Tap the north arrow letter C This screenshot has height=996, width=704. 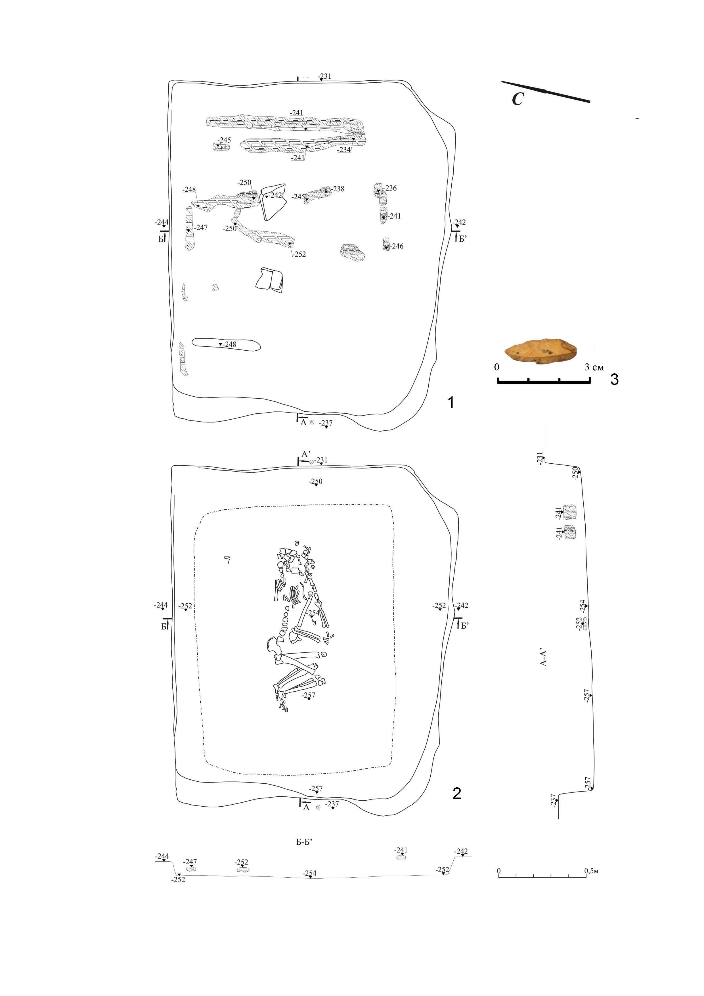click(518, 99)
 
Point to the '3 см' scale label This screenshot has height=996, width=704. click(594, 367)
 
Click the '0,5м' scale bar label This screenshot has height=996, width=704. click(591, 871)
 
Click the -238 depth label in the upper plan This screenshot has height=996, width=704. click(338, 189)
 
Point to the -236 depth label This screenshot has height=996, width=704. click(390, 188)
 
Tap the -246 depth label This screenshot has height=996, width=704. click(397, 246)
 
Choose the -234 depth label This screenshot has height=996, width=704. click(344, 150)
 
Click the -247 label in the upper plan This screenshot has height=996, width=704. click(201, 227)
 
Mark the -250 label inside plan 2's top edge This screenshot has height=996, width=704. click(316, 482)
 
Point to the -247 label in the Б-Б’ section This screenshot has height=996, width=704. click(190, 862)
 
